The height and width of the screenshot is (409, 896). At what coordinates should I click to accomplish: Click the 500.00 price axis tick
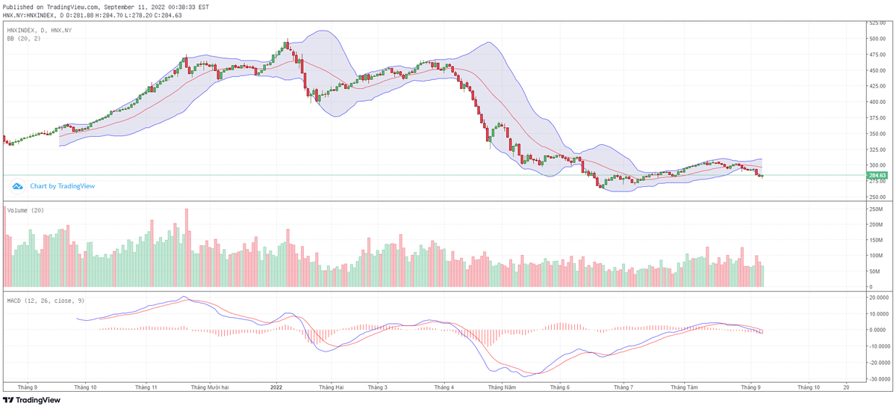[x=877, y=38]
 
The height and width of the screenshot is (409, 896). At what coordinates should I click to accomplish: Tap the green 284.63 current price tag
[x=877, y=176]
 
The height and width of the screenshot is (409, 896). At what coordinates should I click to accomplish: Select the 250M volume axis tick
[x=874, y=209]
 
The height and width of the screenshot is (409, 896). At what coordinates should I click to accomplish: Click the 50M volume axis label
[x=872, y=271]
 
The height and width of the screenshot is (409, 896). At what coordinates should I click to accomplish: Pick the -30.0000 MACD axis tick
[x=878, y=379]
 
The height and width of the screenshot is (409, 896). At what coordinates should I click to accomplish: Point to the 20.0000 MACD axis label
[x=877, y=297]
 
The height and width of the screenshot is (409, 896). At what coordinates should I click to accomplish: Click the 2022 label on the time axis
[x=276, y=387]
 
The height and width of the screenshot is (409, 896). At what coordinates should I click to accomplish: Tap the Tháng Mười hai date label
[x=210, y=387]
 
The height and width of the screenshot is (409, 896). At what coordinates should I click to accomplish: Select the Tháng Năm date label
[x=501, y=387]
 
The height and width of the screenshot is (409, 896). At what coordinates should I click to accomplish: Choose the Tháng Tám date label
[x=684, y=387]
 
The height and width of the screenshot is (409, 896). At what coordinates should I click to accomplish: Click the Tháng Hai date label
[x=331, y=387]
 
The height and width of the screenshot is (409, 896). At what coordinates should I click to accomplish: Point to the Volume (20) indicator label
[x=25, y=210]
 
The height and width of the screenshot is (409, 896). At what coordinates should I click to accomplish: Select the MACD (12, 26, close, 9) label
[x=46, y=300]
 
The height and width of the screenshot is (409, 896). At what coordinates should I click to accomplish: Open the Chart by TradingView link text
[x=63, y=186]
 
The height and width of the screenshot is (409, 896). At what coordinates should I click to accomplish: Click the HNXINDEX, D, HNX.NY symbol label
[x=39, y=30]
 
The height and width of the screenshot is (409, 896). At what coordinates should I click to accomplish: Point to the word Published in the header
[x=19, y=7]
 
